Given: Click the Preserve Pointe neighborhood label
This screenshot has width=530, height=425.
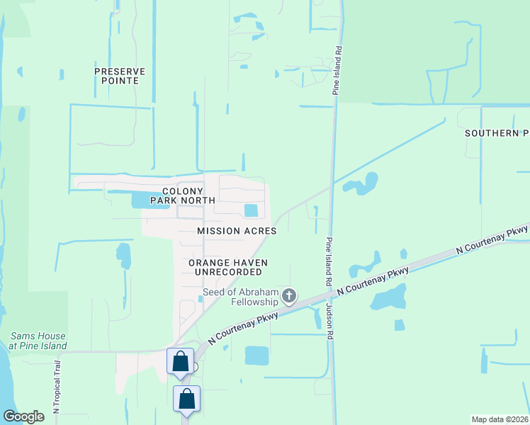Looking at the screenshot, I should coord(120,76).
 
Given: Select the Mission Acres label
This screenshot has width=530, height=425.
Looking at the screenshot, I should coord(237,232).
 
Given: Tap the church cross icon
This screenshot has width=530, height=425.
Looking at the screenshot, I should coord(288,295).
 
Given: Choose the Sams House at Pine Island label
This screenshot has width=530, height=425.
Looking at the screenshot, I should coord(38,341).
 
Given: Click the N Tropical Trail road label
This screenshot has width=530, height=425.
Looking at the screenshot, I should coord(57,386).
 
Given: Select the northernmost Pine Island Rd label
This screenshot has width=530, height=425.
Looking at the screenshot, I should coord(337,71).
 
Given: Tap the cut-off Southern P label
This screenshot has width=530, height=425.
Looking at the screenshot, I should coord(497,133).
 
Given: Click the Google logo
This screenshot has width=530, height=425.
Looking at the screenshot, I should coord(23,416).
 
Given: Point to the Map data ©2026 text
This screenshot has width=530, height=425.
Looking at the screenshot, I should coord(500,419).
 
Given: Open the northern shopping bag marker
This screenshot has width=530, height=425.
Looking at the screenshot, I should coord(180,361).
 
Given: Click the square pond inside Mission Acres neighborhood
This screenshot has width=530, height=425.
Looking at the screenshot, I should coord(251,210).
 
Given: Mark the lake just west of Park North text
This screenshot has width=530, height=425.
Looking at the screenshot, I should coord(140,200).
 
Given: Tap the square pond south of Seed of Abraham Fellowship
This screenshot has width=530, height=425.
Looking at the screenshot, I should coord(256,356).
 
